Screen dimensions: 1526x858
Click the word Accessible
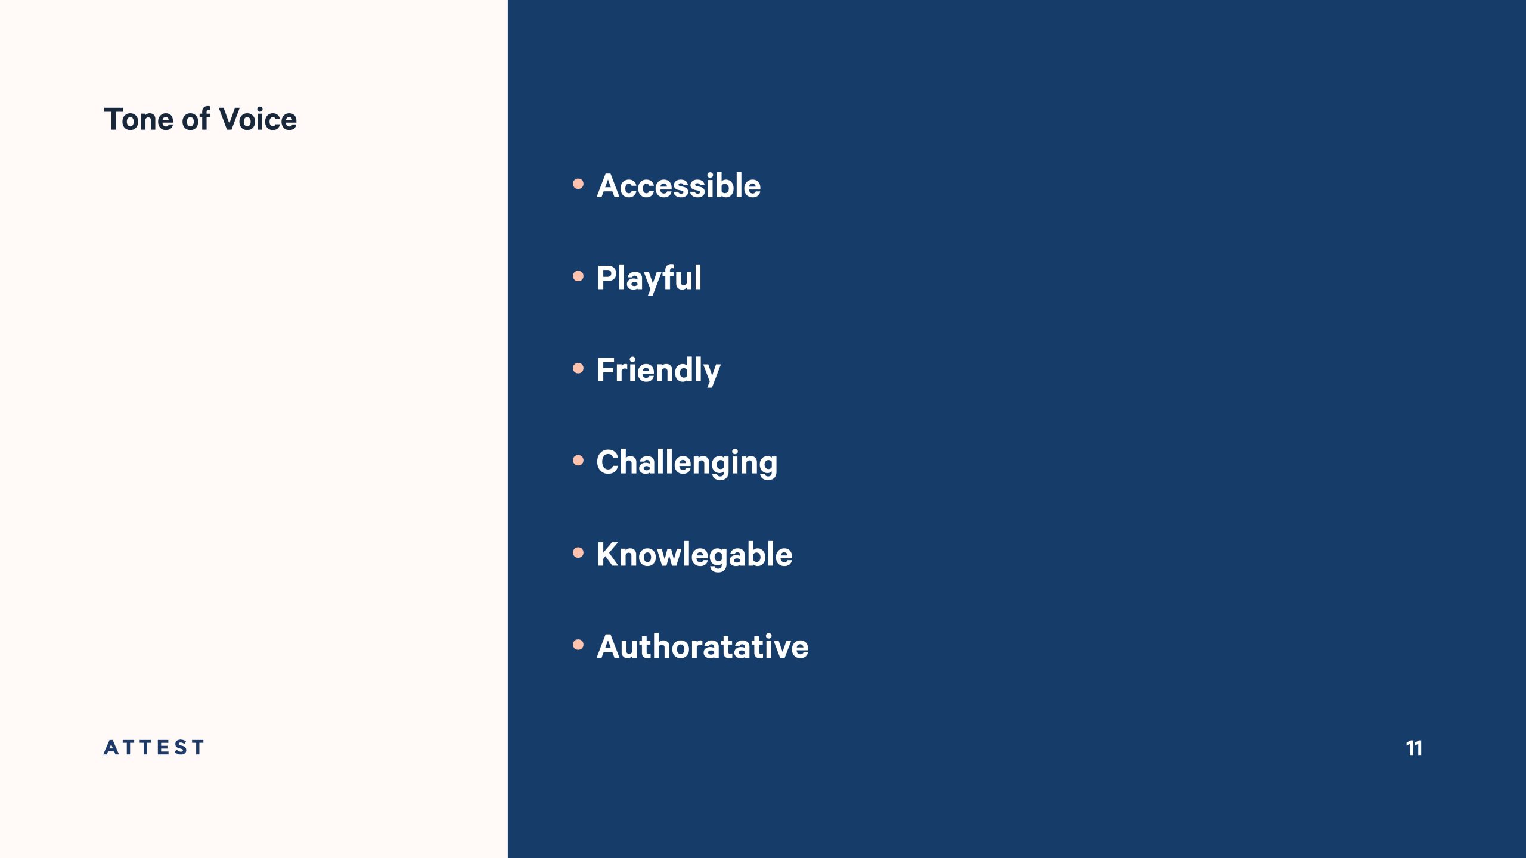678,185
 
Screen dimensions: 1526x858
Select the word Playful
649,279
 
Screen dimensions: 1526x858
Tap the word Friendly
658,371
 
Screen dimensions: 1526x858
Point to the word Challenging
687,463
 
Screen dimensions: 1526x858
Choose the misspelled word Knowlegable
694,555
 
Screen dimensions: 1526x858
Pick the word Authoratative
702,646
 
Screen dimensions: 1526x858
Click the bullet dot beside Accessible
578,184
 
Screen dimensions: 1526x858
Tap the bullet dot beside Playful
578,276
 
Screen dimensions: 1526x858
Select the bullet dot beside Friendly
578,368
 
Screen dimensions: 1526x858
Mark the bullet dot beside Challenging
578,461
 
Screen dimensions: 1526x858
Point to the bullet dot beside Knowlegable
578,553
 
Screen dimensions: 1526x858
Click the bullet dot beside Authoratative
578,645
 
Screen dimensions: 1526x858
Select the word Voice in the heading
258,119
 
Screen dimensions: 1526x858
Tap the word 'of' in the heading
196,119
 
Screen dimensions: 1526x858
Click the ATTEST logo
154,747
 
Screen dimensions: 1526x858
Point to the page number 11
1414,748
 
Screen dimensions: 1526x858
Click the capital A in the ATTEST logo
111,747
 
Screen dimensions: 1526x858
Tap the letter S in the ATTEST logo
179,747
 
